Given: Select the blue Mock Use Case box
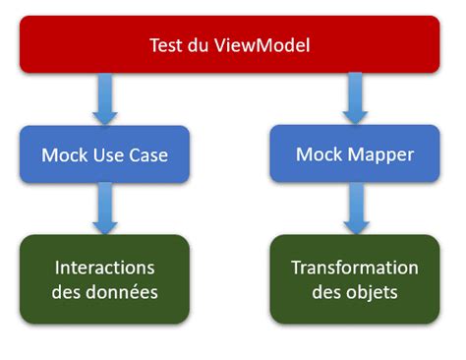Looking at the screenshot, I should [x=103, y=155].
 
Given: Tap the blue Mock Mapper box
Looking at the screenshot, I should [x=354, y=154].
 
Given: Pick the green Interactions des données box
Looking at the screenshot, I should [x=103, y=278].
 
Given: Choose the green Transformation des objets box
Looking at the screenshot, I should [x=354, y=278].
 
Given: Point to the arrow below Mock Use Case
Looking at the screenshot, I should [x=103, y=209].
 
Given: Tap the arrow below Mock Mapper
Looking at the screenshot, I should [x=354, y=209].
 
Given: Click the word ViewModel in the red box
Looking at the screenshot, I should [x=266, y=45].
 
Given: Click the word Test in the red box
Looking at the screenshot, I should [x=166, y=45].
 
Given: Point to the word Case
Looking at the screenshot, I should [x=146, y=155].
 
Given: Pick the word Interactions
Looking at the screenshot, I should [x=103, y=268].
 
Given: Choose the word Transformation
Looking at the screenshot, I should [x=354, y=268].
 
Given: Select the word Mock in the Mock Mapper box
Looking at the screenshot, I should [x=319, y=155].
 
